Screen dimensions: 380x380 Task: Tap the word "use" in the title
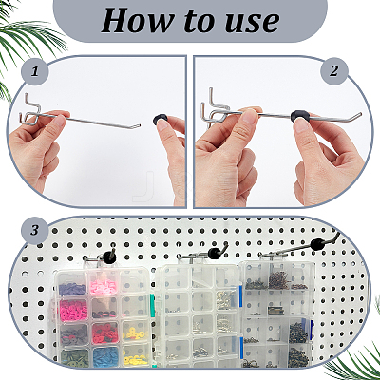(255, 23)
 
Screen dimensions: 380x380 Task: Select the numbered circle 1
(35, 71)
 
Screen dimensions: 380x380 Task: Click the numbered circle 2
(334, 71)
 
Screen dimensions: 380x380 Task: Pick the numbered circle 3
(35, 230)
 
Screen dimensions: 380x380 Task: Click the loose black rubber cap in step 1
(160, 119)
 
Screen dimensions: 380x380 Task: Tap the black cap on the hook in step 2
(299, 116)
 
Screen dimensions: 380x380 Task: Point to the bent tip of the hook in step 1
(138, 126)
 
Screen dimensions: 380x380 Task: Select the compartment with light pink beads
(104, 284)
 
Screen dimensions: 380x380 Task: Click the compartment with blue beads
(105, 356)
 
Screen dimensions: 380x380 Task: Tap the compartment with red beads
(104, 333)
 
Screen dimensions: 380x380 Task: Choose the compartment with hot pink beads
(73, 309)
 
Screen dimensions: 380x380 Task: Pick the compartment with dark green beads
(75, 358)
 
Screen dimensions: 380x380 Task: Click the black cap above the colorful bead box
(111, 254)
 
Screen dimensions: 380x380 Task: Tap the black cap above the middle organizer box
(214, 253)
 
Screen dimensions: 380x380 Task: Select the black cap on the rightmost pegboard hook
(316, 244)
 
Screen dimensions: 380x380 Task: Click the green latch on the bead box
(152, 303)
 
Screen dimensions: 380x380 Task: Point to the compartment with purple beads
(72, 286)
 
